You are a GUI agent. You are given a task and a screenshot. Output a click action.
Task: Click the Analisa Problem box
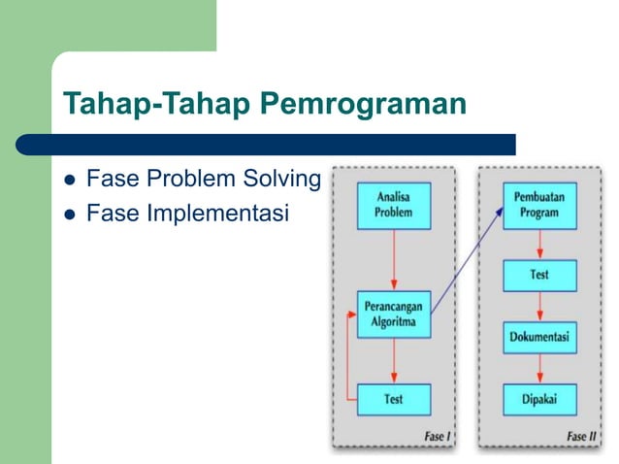point(393,206)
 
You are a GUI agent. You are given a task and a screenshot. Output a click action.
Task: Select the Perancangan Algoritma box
point(393,315)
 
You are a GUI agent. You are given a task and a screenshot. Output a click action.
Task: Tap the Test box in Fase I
point(393,399)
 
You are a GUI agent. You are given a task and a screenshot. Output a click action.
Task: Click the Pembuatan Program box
point(538,206)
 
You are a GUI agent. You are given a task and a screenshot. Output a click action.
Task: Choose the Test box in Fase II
point(538,275)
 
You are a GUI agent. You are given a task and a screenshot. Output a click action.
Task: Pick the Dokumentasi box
point(538,338)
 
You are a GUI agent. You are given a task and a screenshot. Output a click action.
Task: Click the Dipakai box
point(538,399)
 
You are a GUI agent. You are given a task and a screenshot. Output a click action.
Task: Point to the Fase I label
point(438,436)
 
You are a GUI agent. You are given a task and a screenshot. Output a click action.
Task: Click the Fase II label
point(582,436)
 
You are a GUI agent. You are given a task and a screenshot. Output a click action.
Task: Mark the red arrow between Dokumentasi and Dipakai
point(538,369)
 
